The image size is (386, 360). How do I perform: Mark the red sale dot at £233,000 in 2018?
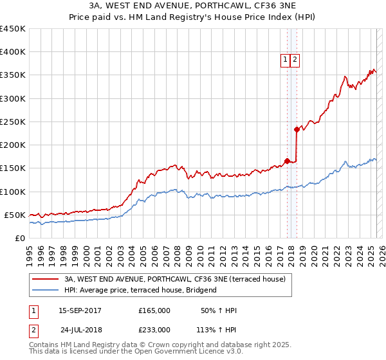point(297,129)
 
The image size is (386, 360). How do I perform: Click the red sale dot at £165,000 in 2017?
point(287,161)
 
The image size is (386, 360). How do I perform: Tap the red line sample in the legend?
point(46,279)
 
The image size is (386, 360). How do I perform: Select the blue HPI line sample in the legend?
point(46,291)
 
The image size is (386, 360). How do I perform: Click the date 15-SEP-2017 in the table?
point(80,310)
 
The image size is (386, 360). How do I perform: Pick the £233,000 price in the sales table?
point(154,330)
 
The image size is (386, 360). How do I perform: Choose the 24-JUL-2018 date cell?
point(80,330)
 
